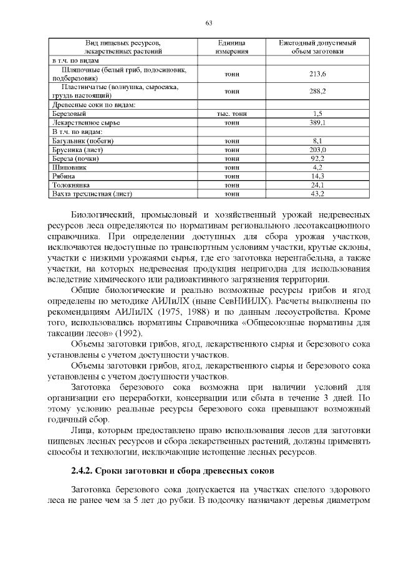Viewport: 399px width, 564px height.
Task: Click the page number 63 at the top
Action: tap(209, 23)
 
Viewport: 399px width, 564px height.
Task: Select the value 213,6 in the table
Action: tap(317, 74)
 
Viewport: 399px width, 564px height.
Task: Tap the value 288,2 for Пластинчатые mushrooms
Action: tap(317, 91)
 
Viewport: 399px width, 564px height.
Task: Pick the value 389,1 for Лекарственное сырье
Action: tap(317, 123)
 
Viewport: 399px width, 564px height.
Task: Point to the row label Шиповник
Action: tap(69, 168)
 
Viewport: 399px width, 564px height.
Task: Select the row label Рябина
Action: tap(64, 176)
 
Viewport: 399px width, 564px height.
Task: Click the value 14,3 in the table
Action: tap(317, 176)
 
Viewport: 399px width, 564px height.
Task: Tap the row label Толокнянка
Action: tap(72, 185)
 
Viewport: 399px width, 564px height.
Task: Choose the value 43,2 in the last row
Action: tap(317, 194)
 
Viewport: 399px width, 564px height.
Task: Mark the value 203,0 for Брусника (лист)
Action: tap(317, 150)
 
